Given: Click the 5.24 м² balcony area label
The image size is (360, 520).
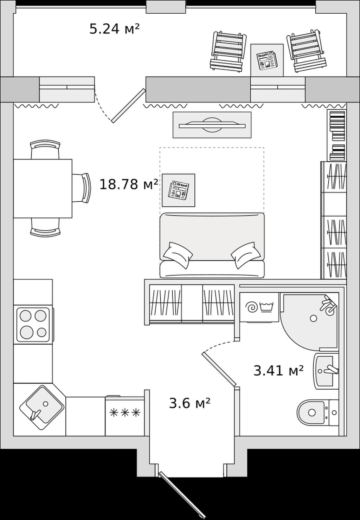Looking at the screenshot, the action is pos(115,29).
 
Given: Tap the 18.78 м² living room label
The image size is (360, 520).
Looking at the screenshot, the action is pos(129,184).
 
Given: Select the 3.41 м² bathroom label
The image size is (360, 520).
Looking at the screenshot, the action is pos(278,370).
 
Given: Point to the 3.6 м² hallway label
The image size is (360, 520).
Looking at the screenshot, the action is pos(189,403).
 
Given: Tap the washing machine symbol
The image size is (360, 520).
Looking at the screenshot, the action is pos(259,307).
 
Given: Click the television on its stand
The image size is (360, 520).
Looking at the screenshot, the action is pos(212,125).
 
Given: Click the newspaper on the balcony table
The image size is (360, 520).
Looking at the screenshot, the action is pos(266,60).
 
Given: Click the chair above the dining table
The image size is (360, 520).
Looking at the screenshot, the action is pos(45,149).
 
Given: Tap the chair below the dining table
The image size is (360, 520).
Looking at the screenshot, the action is pos(45,228).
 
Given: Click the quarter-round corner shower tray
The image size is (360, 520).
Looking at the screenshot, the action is pos(309,321).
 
